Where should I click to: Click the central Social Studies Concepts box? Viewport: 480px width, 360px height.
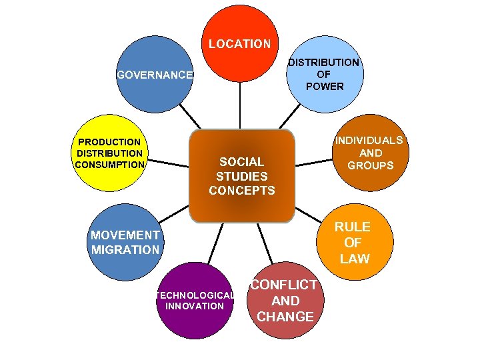click(241, 175)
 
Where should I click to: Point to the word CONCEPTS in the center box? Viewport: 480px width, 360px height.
click(241, 191)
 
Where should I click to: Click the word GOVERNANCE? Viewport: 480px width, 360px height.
click(155, 75)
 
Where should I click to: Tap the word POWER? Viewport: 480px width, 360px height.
click(324, 87)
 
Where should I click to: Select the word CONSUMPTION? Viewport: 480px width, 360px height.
click(109, 165)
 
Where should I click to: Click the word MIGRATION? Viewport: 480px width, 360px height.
click(125, 250)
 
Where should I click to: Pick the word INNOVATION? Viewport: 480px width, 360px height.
click(194, 306)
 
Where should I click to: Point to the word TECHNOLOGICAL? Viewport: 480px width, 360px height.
click(194, 295)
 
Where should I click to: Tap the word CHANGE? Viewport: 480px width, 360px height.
click(285, 317)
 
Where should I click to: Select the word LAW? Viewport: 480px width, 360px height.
click(354, 259)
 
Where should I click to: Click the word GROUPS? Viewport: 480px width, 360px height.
click(370, 165)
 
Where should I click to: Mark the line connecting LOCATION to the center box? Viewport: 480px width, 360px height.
click(239, 103)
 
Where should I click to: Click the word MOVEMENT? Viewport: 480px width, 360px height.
click(125, 235)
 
